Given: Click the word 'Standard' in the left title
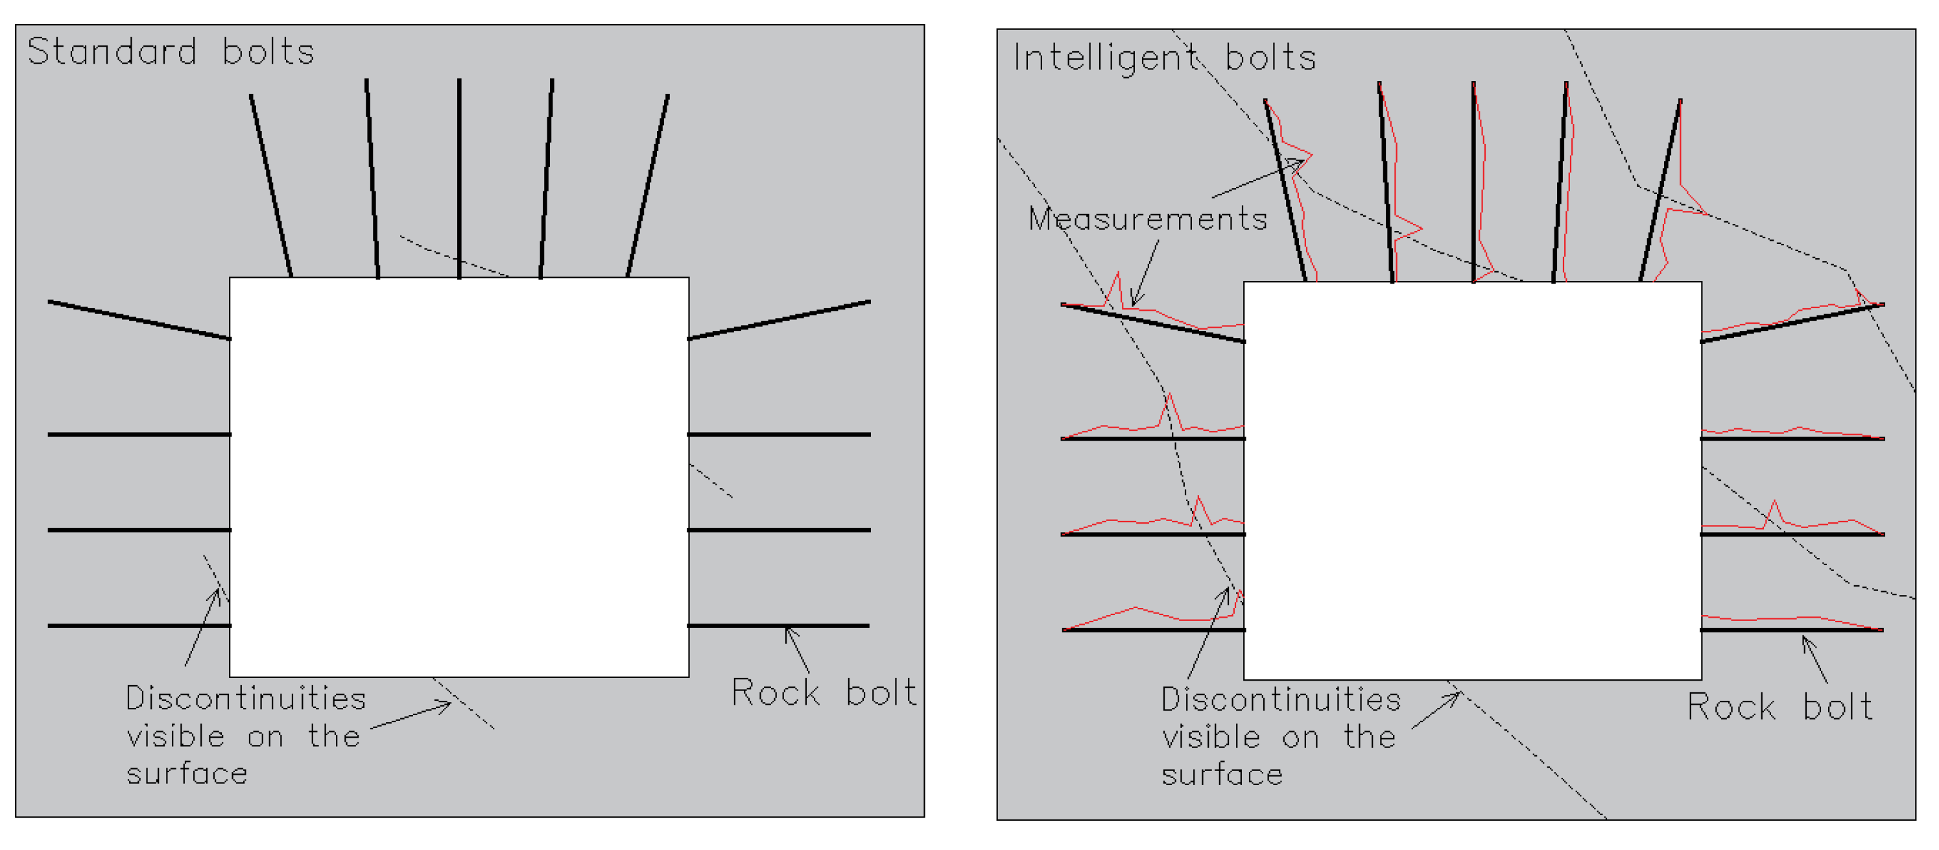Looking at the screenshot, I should [112, 51].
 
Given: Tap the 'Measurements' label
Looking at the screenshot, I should [1148, 219].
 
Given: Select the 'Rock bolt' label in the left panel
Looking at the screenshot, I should [824, 692].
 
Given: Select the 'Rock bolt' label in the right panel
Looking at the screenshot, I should [1779, 707].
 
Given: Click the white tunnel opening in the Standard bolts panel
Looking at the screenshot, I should [459, 478].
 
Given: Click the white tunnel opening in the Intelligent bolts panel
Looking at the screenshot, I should [1472, 480].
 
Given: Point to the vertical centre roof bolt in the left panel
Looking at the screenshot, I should [459, 178].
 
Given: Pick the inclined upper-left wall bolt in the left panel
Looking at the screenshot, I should [139, 320].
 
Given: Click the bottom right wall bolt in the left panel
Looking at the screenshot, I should [778, 625].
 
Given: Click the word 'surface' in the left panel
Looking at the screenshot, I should [187, 774].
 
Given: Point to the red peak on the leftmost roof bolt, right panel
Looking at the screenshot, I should [1311, 155].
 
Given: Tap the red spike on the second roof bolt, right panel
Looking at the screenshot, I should [1420, 227].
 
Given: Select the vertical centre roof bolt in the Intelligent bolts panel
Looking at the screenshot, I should [1473, 180].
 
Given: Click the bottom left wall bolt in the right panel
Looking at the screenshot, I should [1153, 629].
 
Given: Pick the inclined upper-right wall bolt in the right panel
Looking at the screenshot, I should [1791, 323].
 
